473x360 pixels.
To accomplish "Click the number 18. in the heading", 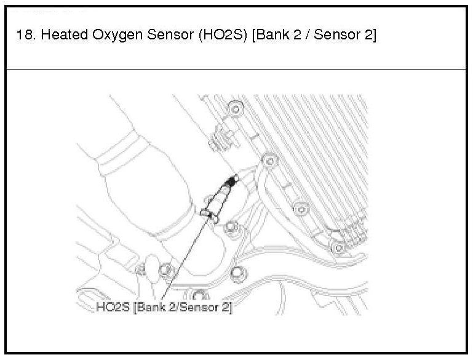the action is click(x=25, y=36).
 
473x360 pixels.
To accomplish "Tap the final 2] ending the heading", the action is click(x=369, y=36).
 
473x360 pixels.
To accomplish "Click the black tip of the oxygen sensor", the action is click(x=232, y=180).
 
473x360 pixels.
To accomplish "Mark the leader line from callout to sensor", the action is click(x=185, y=258).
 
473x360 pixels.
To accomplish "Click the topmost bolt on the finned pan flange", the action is click(x=234, y=110).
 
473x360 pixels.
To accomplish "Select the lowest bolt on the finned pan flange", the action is click(x=336, y=247).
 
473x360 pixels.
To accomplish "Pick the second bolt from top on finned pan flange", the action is click(x=267, y=161).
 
